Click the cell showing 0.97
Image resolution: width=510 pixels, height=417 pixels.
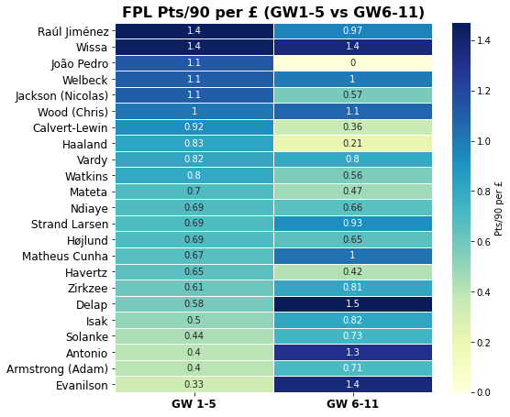pyautogui.click(x=352, y=31)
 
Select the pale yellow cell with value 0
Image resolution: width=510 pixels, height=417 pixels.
pyautogui.click(x=352, y=63)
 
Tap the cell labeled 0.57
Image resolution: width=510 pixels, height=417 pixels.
pyautogui.click(x=352, y=95)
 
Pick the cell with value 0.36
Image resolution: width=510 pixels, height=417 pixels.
pyautogui.click(x=352, y=127)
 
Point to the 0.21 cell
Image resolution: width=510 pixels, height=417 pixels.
pyautogui.click(x=352, y=144)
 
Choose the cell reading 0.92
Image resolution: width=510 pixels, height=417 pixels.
pyautogui.click(x=194, y=127)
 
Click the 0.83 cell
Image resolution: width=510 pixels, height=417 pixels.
pyautogui.click(x=194, y=144)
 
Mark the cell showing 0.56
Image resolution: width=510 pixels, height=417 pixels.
pyautogui.click(x=352, y=176)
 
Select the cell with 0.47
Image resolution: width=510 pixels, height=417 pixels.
pyautogui.click(x=352, y=192)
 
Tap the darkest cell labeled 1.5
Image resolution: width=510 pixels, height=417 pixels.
pyautogui.click(x=352, y=304)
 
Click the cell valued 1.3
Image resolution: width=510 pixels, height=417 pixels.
pyautogui.click(x=352, y=352)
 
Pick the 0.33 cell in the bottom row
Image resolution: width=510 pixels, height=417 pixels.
pyautogui.click(x=194, y=384)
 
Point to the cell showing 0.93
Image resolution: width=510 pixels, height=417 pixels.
pyautogui.click(x=352, y=224)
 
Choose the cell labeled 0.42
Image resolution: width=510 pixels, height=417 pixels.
pyautogui.click(x=352, y=272)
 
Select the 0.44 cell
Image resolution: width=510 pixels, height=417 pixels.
pyautogui.click(x=194, y=336)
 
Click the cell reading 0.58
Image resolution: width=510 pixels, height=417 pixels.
pyautogui.click(x=194, y=304)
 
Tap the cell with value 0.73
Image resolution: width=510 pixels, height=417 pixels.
pyautogui.click(x=352, y=336)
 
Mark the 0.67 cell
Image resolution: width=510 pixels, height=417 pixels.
pyautogui.click(x=194, y=256)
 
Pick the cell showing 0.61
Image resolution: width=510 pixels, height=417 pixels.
pyautogui.click(x=194, y=288)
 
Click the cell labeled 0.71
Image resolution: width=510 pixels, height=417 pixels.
pyautogui.click(x=352, y=368)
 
